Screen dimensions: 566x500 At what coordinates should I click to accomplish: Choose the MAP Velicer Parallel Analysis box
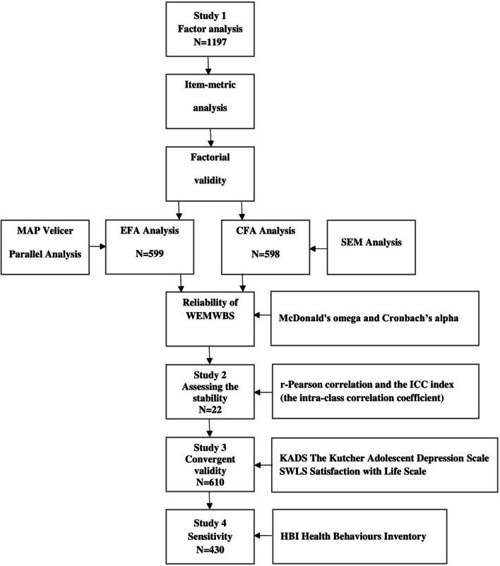(49, 243)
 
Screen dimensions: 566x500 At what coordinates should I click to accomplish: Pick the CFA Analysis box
(267, 243)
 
